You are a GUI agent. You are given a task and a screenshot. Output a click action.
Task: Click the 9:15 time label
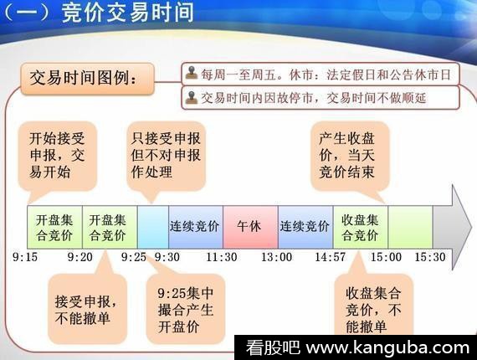point(25,257)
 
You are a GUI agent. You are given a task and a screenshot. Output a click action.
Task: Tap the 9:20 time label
point(80,257)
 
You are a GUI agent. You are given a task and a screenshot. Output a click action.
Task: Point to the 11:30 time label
point(222,257)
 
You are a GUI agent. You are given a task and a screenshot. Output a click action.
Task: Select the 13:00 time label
point(276,257)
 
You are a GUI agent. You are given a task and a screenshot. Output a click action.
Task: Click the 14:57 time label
point(330,257)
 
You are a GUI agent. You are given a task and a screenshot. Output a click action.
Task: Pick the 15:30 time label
point(430,257)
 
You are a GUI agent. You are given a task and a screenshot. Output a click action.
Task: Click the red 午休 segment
point(250,227)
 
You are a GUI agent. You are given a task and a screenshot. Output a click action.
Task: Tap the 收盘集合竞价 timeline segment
point(361,227)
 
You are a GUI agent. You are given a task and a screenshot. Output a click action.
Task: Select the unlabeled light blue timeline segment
point(153,227)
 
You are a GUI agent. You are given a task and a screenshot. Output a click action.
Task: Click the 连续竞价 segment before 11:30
point(196,227)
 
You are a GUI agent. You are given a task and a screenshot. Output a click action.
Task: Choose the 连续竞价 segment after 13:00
point(305,227)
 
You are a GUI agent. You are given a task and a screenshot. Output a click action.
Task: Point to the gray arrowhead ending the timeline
point(453,227)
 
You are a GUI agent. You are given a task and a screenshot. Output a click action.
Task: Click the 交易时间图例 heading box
point(87,79)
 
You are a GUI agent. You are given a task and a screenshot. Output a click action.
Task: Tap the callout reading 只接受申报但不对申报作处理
point(166,156)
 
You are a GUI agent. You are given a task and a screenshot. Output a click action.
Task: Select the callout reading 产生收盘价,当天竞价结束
point(350,156)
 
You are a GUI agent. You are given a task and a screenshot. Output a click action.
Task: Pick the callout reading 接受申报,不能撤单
point(87,309)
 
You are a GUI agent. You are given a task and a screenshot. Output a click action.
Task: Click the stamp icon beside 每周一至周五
point(192,73)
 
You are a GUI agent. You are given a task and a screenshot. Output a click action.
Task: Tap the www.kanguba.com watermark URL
point(387,347)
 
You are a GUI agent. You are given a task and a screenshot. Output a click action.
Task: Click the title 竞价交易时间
point(128,13)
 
